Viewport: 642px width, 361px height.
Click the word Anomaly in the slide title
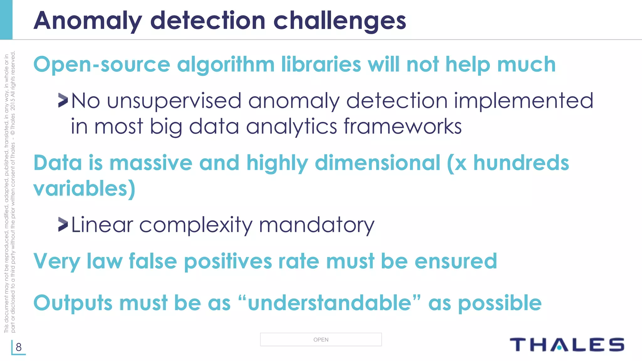pyautogui.click(x=87, y=21)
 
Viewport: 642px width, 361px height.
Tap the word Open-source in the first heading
pyautogui.click(x=102, y=65)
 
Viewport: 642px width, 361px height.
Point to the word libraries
pyautogui.click(x=321, y=65)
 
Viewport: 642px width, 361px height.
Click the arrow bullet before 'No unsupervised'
pyautogui.click(x=63, y=101)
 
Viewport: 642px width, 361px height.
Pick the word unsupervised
pyautogui.click(x=174, y=101)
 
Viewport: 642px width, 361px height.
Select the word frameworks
pyautogui.click(x=403, y=126)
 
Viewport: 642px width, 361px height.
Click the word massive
pyautogui.click(x=150, y=163)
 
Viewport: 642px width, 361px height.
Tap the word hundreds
pyautogui.click(x=521, y=163)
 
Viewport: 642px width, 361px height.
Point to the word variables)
pyautogui.click(x=84, y=189)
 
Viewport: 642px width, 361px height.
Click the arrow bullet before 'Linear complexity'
pyautogui.click(x=63, y=224)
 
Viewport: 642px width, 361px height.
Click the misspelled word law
pyautogui.click(x=104, y=261)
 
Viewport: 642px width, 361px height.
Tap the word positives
pyautogui.click(x=228, y=261)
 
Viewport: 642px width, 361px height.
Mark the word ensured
pyautogui.click(x=456, y=261)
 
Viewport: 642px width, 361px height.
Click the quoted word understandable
pyautogui.click(x=329, y=303)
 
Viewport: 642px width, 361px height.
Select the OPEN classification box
pyautogui.click(x=321, y=339)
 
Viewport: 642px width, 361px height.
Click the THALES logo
pyautogui.click(x=567, y=345)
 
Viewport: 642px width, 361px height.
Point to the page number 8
pyautogui.click(x=19, y=347)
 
